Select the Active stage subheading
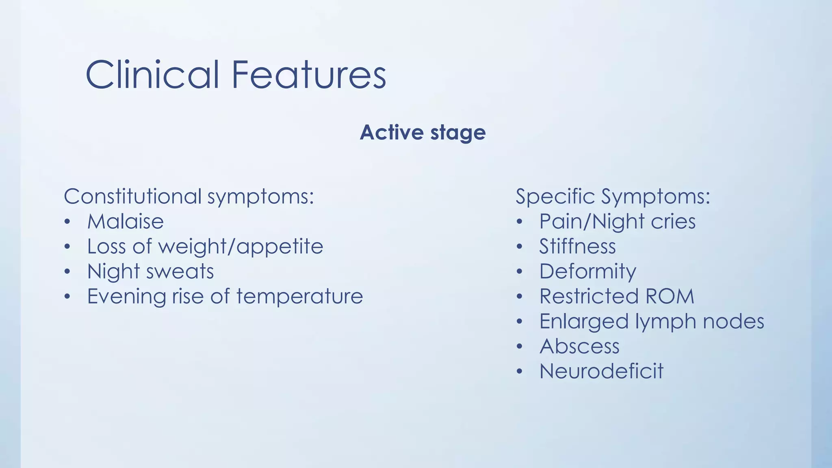click(422, 132)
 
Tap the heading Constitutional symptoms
click(189, 197)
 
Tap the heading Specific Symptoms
click(613, 197)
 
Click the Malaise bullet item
click(126, 222)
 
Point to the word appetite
click(280, 247)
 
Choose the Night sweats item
click(150, 271)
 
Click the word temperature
click(299, 296)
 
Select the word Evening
click(126, 296)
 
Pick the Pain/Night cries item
click(617, 222)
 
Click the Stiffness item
click(577, 247)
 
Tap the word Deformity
click(587, 271)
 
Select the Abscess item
click(579, 347)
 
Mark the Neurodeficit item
click(601, 371)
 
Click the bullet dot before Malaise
click(67, 222)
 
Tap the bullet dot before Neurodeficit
click(519, 372)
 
